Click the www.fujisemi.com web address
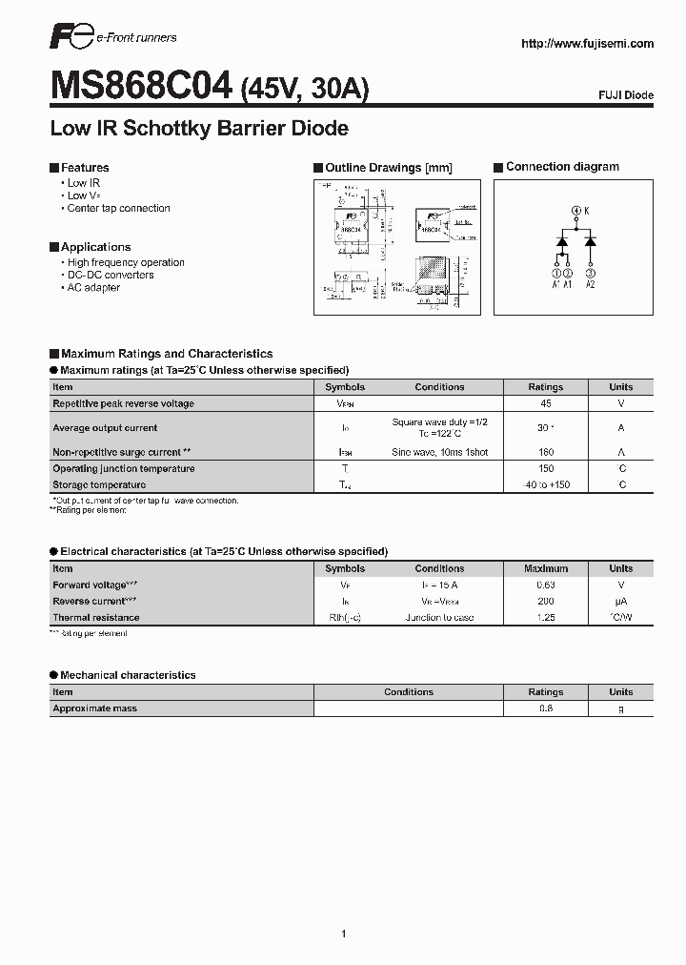[x=588, y=43]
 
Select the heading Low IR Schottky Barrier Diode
[x=199, y=128]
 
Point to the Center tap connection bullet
[x=118, y=208]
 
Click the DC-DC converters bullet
[x=110, y=275]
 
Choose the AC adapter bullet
[x=93, y=287]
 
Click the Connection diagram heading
[x=562, y=167]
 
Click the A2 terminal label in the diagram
[x=590, y=283]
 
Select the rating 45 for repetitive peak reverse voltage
[x=546, y=403]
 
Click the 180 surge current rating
[x=546, y=452]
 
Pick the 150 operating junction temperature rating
[x=546, y=468]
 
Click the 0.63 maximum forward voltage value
[x=546, y=585]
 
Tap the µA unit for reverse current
[x=621, y=602]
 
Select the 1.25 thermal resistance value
[x=546, y=618]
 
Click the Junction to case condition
[x=439, y=618]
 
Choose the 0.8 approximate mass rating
[x=546, y=708]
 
